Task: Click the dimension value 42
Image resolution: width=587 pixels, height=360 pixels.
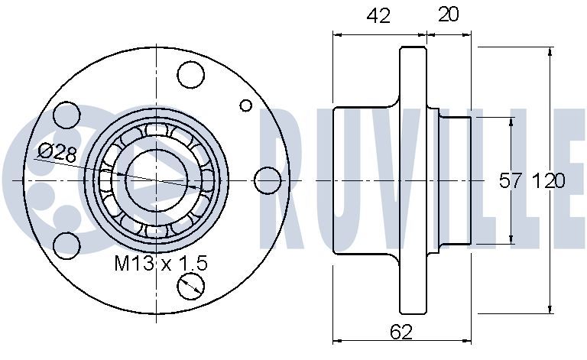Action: point(378,16)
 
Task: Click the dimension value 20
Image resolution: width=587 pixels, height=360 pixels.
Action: point(448,15)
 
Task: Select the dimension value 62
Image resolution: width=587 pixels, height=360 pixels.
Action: point(401,332)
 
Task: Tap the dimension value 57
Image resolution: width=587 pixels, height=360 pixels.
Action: point(511,181)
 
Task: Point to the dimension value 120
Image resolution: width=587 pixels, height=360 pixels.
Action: point(549,181)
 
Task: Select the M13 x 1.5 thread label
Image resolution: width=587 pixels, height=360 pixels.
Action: point(161,263)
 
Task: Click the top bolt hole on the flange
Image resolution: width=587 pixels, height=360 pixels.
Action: point(191,74)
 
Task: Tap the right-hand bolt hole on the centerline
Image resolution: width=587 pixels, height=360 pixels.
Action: point(268,180)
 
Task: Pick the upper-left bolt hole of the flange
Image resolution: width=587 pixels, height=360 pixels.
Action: point(66,115)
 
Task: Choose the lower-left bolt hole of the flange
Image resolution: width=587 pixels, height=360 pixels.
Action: point(67,245)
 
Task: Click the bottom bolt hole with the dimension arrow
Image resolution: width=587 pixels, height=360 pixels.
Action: point(191,287)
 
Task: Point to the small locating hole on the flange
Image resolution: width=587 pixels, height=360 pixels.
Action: point(246,105)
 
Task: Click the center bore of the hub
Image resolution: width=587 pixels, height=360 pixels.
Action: point(157,180)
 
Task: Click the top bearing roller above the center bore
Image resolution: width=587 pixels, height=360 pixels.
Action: point(157,129)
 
